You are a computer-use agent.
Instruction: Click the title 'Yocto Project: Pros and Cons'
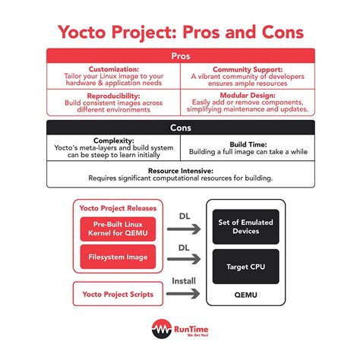point(180,33)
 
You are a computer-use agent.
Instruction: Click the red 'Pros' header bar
point(180,56)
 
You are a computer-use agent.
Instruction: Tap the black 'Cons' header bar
point(180,128)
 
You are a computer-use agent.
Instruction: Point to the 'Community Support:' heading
point(247,68)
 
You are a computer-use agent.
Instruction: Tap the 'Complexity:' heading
point(113,141)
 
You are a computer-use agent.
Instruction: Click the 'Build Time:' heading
point(247,144)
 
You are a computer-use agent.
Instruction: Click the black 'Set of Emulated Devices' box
point(245,227)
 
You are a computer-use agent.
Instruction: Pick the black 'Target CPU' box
point(245,267)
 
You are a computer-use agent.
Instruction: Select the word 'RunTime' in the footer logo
point(188,328)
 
